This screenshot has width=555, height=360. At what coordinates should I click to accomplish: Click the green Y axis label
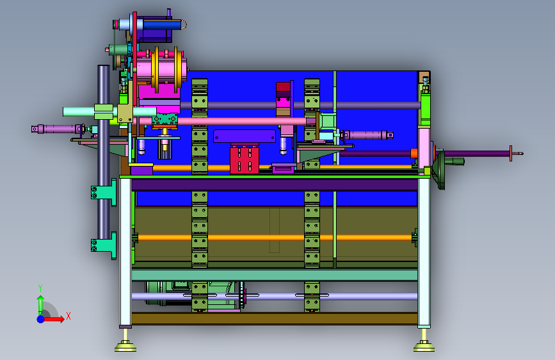coord(40,288)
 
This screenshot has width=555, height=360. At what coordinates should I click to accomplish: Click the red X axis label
coord(68,316)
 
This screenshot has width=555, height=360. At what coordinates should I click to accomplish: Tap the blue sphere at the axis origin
coord(41,319)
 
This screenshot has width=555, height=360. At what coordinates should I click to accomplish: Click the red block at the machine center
coord(245,161)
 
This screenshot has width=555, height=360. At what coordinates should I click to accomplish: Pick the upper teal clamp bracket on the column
coord(104,192)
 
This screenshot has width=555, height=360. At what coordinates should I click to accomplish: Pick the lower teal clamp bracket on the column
coord(104,245)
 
